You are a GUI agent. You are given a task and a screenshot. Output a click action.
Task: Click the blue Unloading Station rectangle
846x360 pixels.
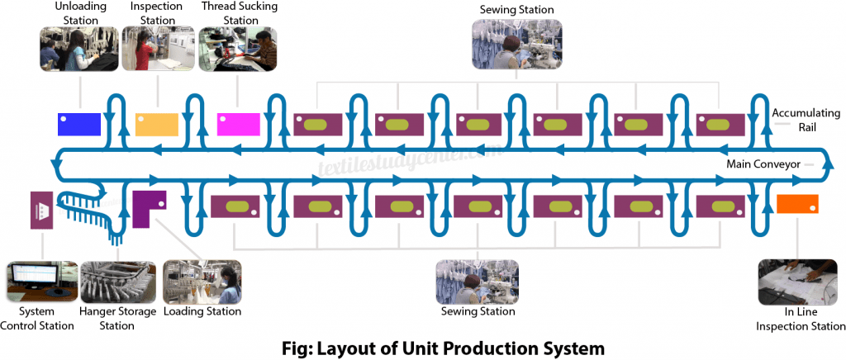coord(79,123)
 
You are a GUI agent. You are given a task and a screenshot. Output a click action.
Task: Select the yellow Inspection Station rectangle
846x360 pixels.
coord(156,123)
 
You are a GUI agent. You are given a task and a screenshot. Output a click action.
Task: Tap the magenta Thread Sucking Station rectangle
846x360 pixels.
coord(237,123)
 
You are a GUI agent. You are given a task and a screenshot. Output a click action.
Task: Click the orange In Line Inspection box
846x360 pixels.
coord(797,203)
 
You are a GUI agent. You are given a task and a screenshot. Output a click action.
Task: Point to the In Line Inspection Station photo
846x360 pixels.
coord(796,283)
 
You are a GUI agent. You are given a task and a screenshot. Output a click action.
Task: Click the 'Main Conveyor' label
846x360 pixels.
coord(763,164)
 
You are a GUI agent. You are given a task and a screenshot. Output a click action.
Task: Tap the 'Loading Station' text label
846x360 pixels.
coord(202,311)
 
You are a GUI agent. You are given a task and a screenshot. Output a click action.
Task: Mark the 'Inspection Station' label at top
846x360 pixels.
coord(156,12)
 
